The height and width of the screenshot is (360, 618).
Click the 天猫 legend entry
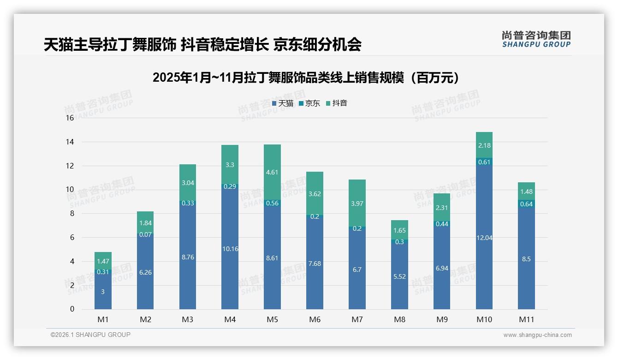tap(283, 103)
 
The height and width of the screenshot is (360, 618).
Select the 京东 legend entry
tap(309, 103)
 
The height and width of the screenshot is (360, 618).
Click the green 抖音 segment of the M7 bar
tap(357, 203)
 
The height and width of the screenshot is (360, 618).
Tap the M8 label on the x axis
tap(399, 319)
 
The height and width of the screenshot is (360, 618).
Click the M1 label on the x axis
tap(103, 319)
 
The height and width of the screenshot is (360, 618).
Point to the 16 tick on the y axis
tap(70, 118)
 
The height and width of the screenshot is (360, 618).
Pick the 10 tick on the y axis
tap(70, 190)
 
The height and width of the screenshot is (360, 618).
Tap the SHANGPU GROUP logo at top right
tap(536, 39)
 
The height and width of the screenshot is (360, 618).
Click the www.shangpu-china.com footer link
tap(537, 335)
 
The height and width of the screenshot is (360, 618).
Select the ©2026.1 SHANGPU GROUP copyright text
tap(90, 335)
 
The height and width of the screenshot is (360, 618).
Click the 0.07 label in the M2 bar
tap(145, 234)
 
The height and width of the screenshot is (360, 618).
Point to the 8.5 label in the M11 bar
tap(526, 259)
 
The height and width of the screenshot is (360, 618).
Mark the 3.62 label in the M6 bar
tap(315, 194)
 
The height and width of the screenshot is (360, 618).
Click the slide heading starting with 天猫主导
tap(202, 45)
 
